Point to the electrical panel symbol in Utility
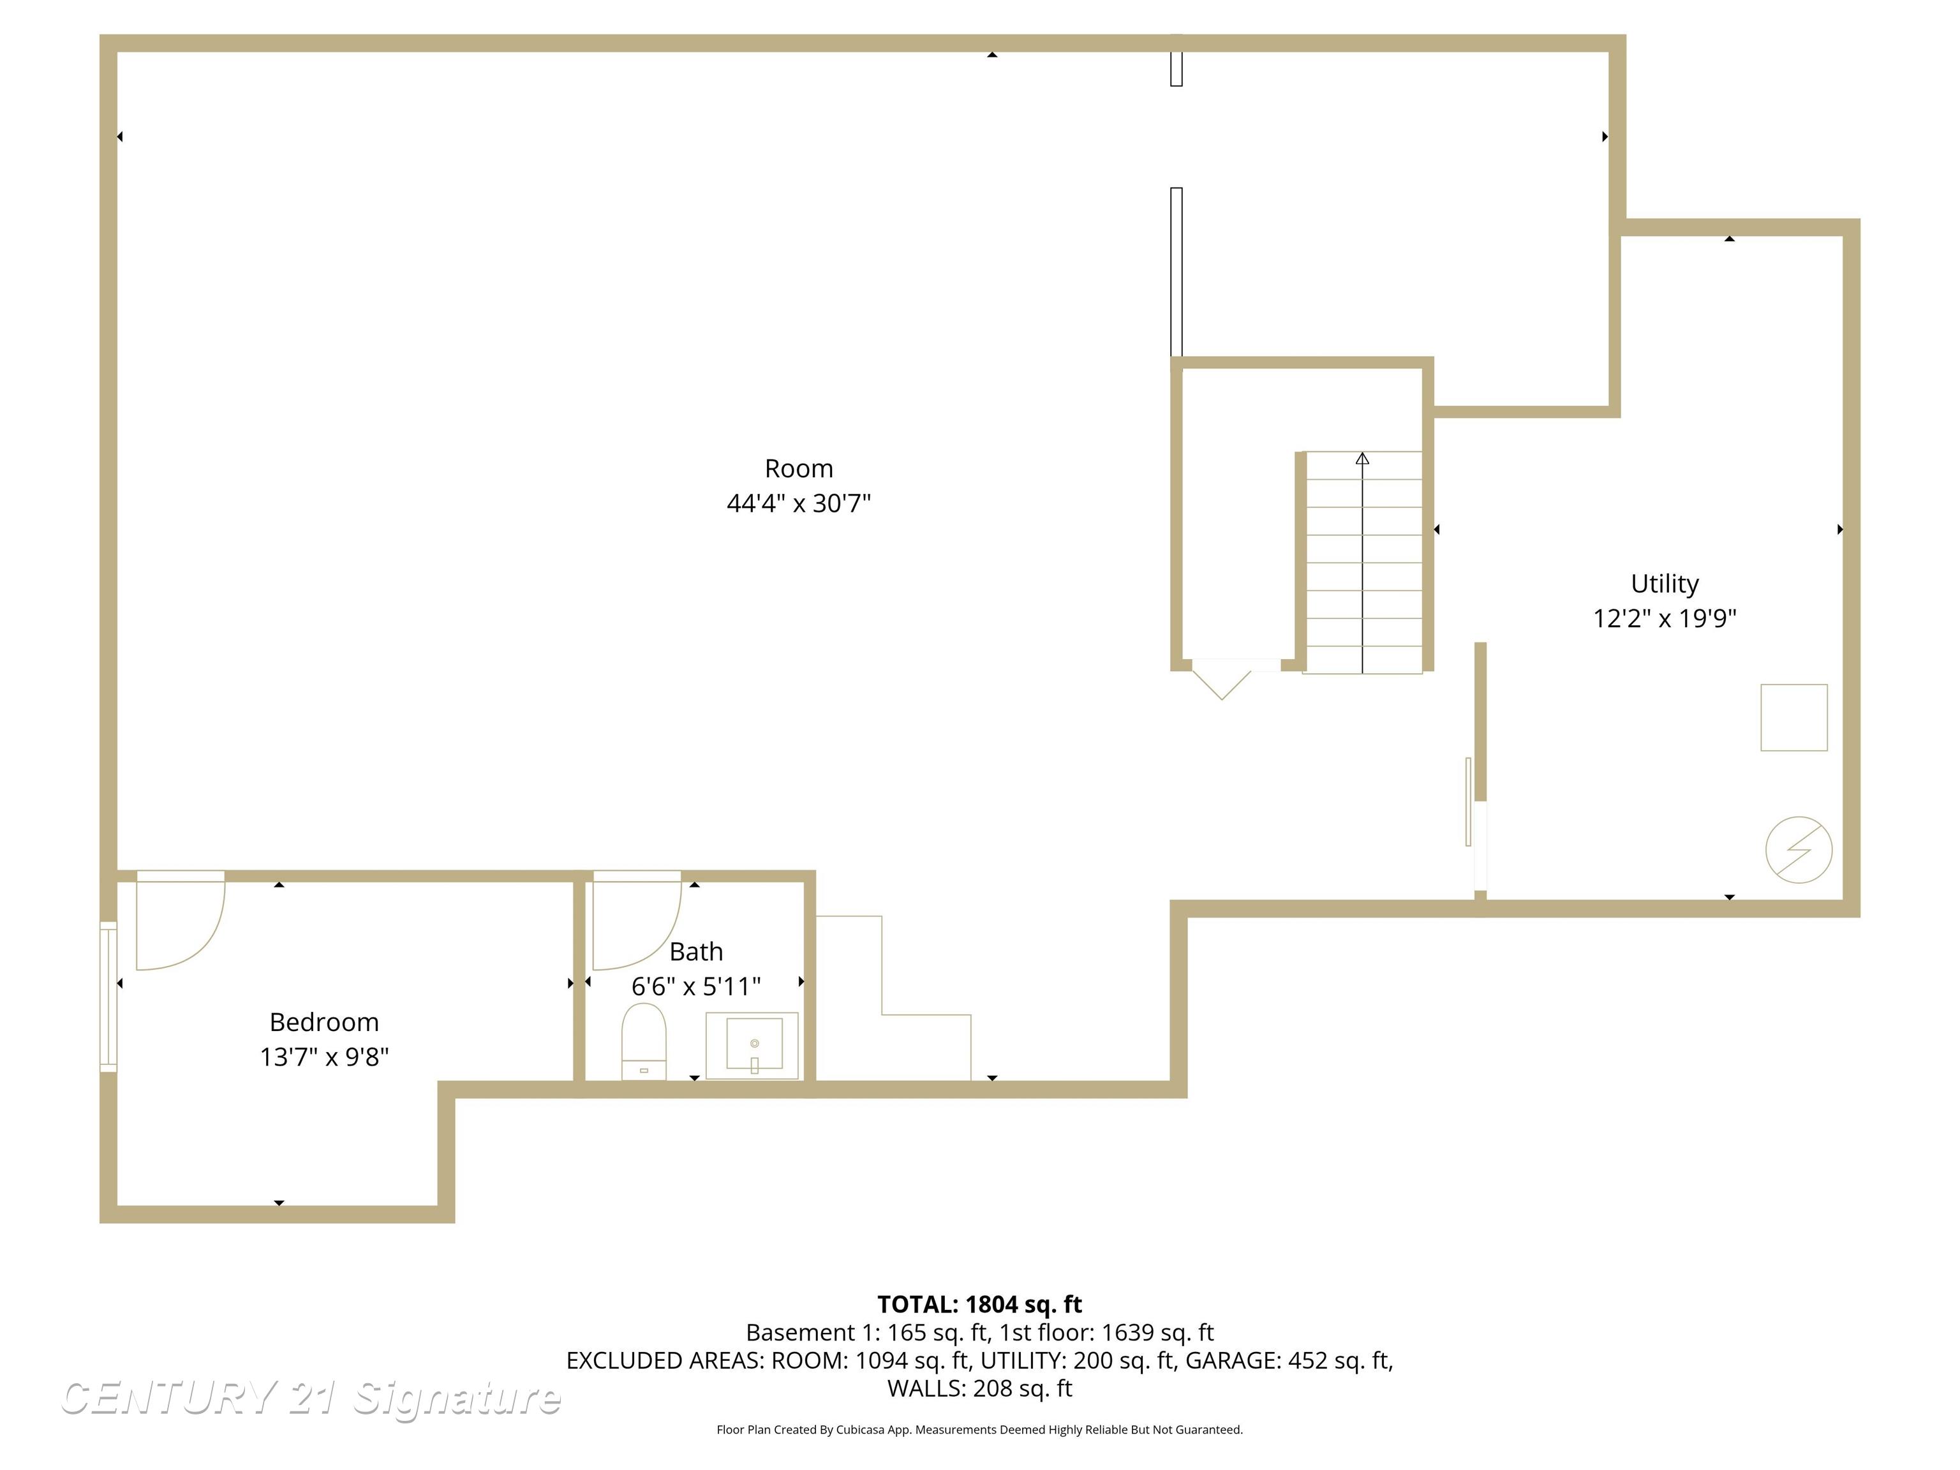pyautogui.click(x=1798, y=849)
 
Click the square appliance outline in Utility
pyautogui.click(x=1793, y=717)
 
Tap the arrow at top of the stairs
pyautogui.click(x=1362, y=458)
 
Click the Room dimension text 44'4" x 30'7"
pyautogui.click(x=798, y=503)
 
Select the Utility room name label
pyautogui.click(x=1664, y=583)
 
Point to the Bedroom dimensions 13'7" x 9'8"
pyautogui.click(x=324, y=1056)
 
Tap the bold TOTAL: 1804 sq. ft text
pyautogui.click(x=979, y=1304)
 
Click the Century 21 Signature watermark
pyautogui.click(x=310, y=1399)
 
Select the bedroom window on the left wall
pyautogui.click(x=108, y=996)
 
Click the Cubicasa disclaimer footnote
pyautogui.click(x=979, y=1429)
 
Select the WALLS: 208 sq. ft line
pyautogui.click(x=979, y=1388)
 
